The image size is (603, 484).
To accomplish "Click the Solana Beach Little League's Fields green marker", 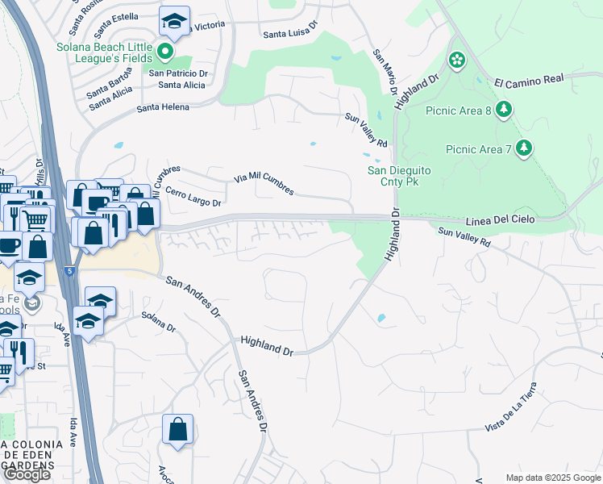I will pos(166,53).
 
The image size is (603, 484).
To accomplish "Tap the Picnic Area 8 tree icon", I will pos(504,108).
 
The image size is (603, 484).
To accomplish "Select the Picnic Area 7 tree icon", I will pos(525,148).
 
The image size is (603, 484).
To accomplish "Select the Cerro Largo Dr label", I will pos(193,198).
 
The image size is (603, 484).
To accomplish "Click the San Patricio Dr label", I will pos(179,73).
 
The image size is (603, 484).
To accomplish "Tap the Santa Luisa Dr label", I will pos(293,34).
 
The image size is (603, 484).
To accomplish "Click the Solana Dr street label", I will pos(158,322).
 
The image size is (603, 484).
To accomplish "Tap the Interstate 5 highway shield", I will pos(70,272).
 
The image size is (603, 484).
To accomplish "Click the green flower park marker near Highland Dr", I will pos(457,60).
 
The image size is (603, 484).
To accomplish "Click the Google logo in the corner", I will pos(27,474).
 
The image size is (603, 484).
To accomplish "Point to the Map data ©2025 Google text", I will pos(552,478).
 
